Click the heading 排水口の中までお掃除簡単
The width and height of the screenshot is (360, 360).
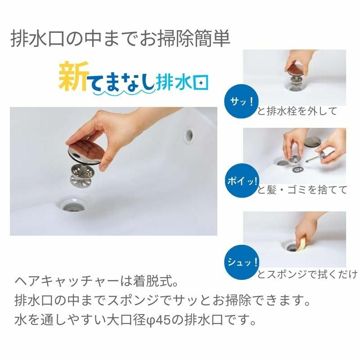click(120, 39)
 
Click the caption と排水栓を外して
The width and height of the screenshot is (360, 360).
click(297, 111)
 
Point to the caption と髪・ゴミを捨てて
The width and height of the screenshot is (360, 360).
click(302, 190)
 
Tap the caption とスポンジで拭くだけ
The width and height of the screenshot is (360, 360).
click(307, 274)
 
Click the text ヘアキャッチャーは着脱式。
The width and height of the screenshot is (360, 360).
click(97, 283)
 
